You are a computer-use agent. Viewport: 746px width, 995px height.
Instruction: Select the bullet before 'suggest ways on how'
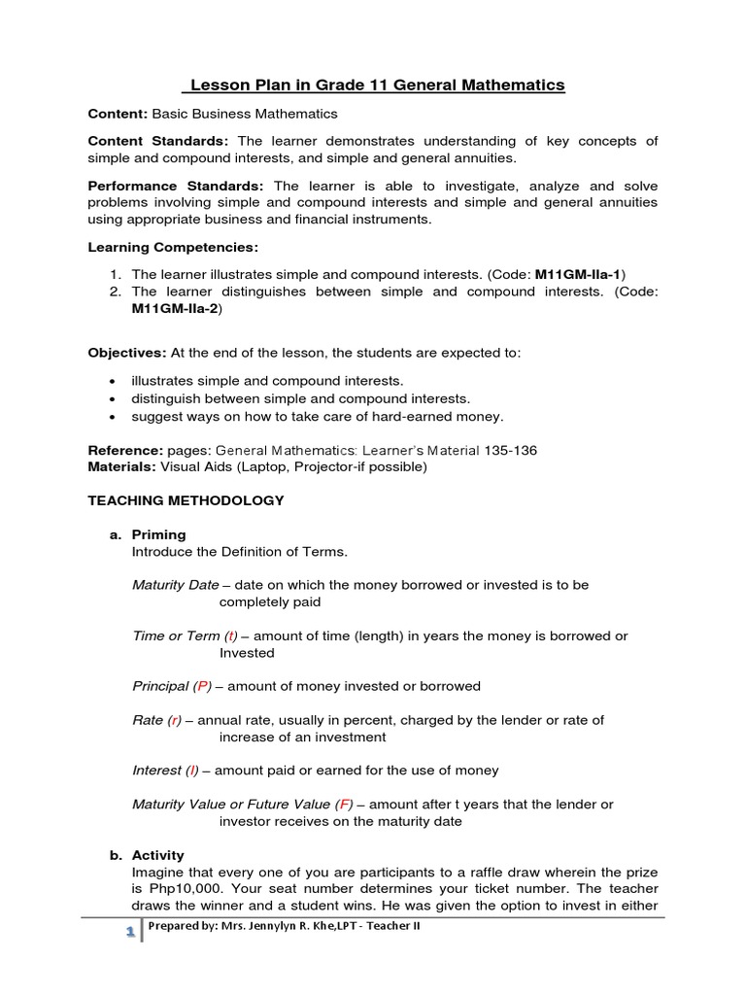[115, 416]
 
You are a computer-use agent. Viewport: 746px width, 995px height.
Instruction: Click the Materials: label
[120, 466]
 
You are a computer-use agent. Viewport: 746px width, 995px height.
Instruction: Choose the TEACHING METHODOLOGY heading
[186, 500]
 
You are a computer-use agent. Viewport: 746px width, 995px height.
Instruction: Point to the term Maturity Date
[175, 585]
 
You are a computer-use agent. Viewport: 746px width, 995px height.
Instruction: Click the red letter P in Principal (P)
[202, 686]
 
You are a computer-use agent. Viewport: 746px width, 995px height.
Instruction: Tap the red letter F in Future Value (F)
[345, 805]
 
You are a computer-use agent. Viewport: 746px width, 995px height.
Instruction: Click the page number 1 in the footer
[127, 931]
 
